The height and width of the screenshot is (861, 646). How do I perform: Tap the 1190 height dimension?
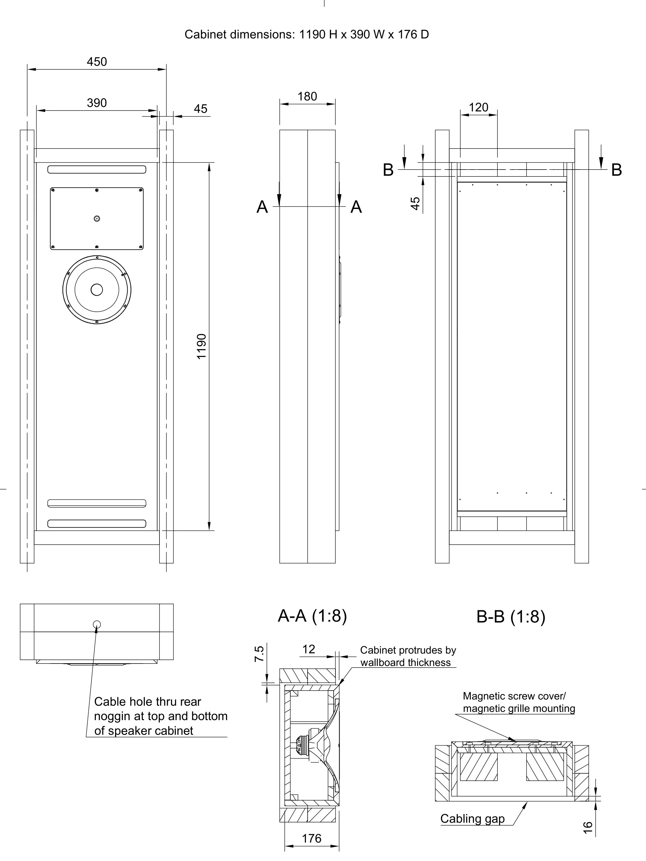[x=201, y=346]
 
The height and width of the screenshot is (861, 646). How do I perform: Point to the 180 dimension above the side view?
[x=307, y=96]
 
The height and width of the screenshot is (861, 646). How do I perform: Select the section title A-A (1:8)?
[x=312, y=616]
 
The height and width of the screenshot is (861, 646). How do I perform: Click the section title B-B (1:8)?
[x=511, y=617]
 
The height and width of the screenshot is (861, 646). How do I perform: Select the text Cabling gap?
[x=472, y=819]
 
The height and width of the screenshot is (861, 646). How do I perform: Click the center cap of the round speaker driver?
[x=96, y=290]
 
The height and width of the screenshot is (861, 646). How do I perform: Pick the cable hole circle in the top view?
[x=97, y=625]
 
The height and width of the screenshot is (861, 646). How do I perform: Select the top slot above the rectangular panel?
[x=96, y=169]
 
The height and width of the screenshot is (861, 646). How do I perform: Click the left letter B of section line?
[x=388, y=170]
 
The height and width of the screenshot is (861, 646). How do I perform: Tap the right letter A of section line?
[x=356, y=207]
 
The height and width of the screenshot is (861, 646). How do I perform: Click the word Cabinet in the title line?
[x=205, y=35]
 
